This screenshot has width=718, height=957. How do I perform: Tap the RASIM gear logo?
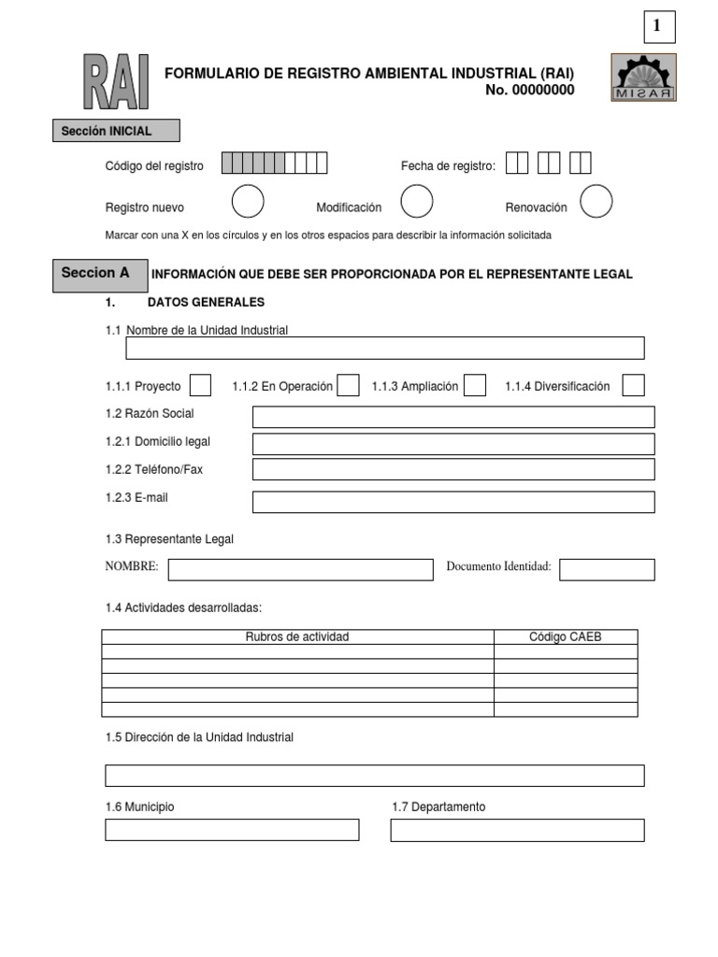(x=644, y=76)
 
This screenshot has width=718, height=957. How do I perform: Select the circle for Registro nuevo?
(x=248, y=201)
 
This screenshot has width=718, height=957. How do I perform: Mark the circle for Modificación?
(x=416, y=201)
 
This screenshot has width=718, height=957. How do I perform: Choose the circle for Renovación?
(x=596, y=201)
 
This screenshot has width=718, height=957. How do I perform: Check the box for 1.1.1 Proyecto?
(x=200, y=386)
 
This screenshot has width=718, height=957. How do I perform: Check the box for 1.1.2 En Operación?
(x=348, y=386)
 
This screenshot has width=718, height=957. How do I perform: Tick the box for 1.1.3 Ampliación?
(x=475, y=386)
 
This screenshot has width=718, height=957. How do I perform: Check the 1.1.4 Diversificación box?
(x=633, y=386)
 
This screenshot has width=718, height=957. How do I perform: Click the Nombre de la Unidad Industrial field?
(x=385, y=349)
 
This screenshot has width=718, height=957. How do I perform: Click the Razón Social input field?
(x=453, y=417)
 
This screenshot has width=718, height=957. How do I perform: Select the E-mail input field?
(x=453, y=502)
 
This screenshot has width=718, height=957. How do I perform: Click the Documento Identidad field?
(x=607, y=569)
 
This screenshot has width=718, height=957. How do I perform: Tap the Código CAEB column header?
(x=566, y=637)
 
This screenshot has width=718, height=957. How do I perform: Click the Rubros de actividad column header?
(x=297, y=637)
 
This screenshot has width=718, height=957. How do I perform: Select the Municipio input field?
(x=232, y=830)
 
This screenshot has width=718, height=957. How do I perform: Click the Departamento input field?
(x=517, y=830)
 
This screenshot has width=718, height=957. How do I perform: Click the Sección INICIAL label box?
(x=116, y=132)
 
